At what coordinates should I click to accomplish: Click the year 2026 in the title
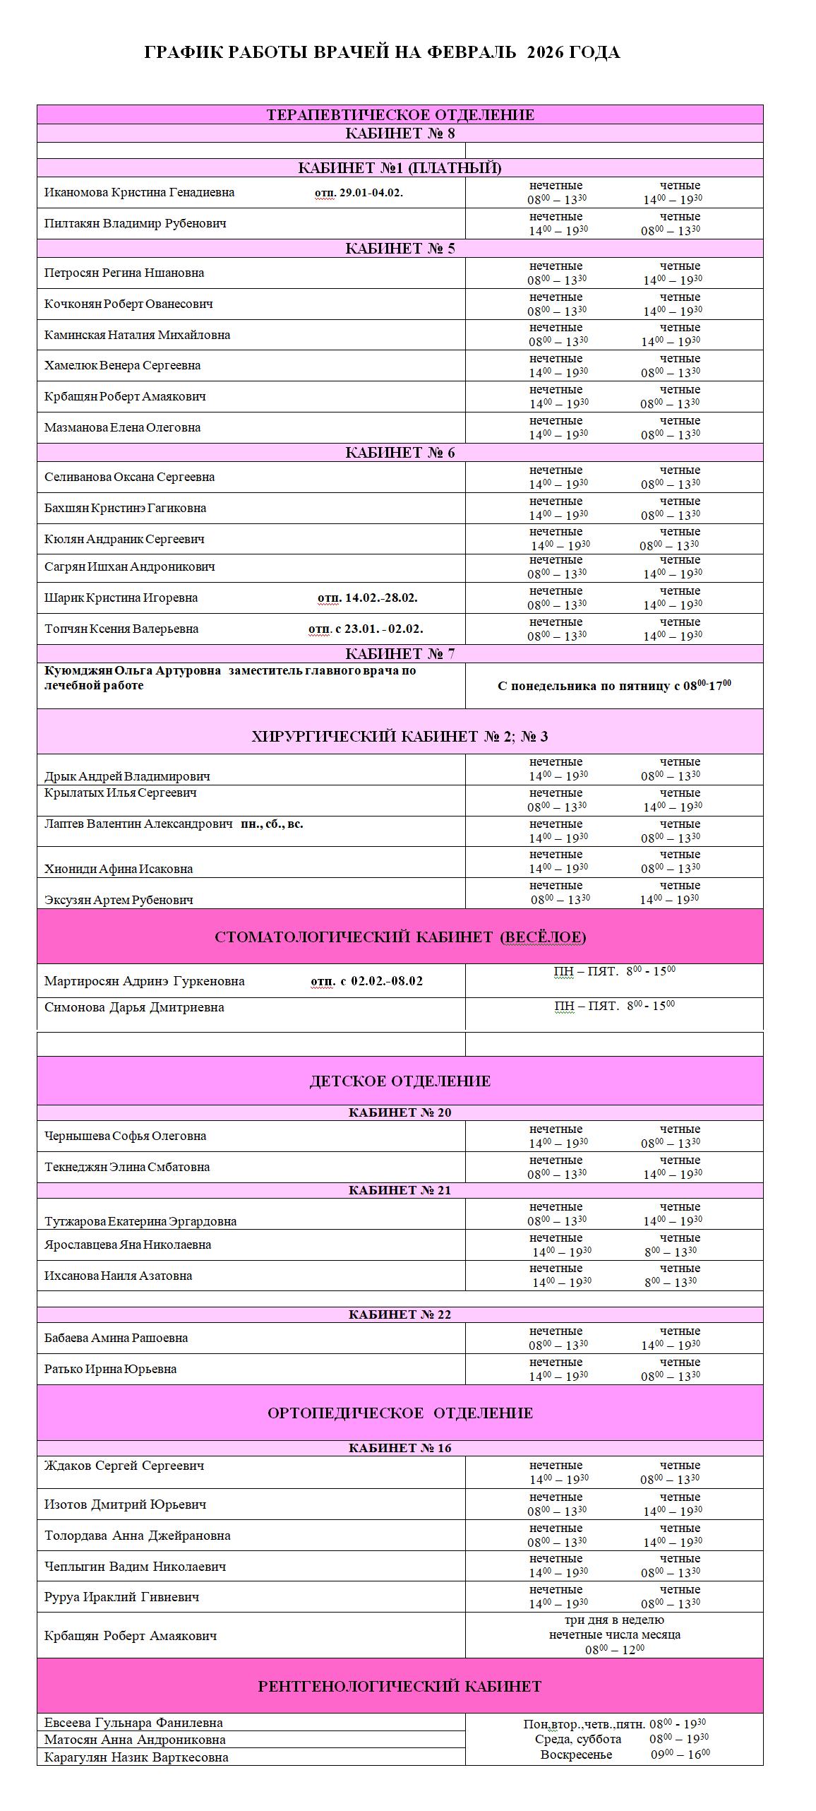tap(546, 52)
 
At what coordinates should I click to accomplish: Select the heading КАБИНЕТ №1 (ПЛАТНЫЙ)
tap(400, 168)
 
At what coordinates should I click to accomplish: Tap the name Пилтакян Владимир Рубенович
tap(136, 224)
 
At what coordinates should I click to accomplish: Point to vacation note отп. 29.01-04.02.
tap(359, 193)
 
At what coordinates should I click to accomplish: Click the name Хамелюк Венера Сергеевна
tap(122, 366)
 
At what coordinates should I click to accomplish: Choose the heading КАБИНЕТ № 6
tap(400, 453)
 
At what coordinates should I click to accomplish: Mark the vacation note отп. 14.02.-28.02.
tap(367, 598)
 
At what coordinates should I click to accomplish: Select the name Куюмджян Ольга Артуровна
tap(133, 671)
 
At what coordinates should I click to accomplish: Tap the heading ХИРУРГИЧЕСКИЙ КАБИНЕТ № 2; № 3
tap(400, 737)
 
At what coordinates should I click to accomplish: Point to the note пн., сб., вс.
tap(272, 824)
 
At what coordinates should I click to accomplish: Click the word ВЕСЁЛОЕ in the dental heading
tap(543, 937)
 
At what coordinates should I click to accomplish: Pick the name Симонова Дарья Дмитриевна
tap(134, 1008)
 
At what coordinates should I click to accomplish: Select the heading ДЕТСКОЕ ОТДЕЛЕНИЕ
tap(400, 1081)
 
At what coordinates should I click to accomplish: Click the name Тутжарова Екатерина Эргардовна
tap(140, 1222)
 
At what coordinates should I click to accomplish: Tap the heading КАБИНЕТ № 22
tap(400, 1315)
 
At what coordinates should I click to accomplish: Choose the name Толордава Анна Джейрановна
tap(137, 1536)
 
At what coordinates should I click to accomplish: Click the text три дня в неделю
tap(614, 1620)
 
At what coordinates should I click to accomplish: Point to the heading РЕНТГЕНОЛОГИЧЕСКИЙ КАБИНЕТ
tap(400, 1687)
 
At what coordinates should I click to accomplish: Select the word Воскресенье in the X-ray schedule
tap(576, 1755)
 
